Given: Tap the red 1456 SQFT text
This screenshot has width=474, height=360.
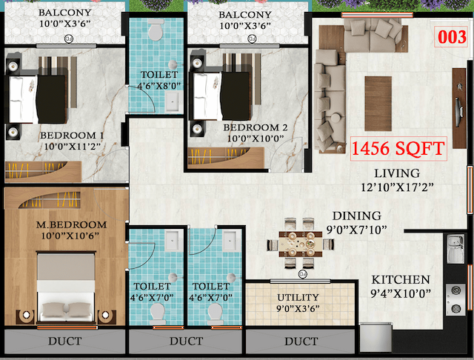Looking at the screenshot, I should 398,148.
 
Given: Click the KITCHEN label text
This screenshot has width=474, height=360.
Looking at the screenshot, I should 401,280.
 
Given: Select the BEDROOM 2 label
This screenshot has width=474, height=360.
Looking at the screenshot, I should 255,127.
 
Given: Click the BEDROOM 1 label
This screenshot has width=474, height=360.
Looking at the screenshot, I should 72,136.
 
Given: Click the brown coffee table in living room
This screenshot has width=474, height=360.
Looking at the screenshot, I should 378,99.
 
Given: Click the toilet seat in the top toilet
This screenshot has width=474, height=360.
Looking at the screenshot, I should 155,31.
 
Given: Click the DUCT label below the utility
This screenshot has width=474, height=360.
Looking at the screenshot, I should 301,341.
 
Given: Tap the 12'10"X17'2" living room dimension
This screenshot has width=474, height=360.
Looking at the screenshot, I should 397,187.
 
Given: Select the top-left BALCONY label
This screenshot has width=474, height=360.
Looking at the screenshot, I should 66,13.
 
